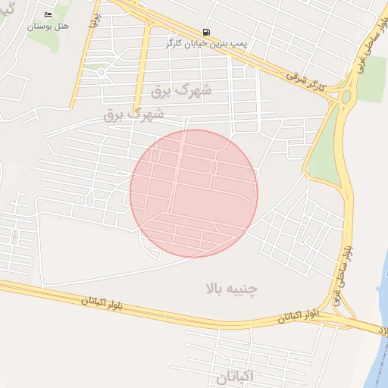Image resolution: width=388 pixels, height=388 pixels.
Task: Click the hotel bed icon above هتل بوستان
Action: pos(48,15)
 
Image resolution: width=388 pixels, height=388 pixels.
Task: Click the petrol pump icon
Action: pos(207,33)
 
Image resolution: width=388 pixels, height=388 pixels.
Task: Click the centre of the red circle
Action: pos(194,193)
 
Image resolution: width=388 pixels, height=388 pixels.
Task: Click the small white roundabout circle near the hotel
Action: pos(99,73)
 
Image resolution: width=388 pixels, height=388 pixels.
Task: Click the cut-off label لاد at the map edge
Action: pos(382,330)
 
